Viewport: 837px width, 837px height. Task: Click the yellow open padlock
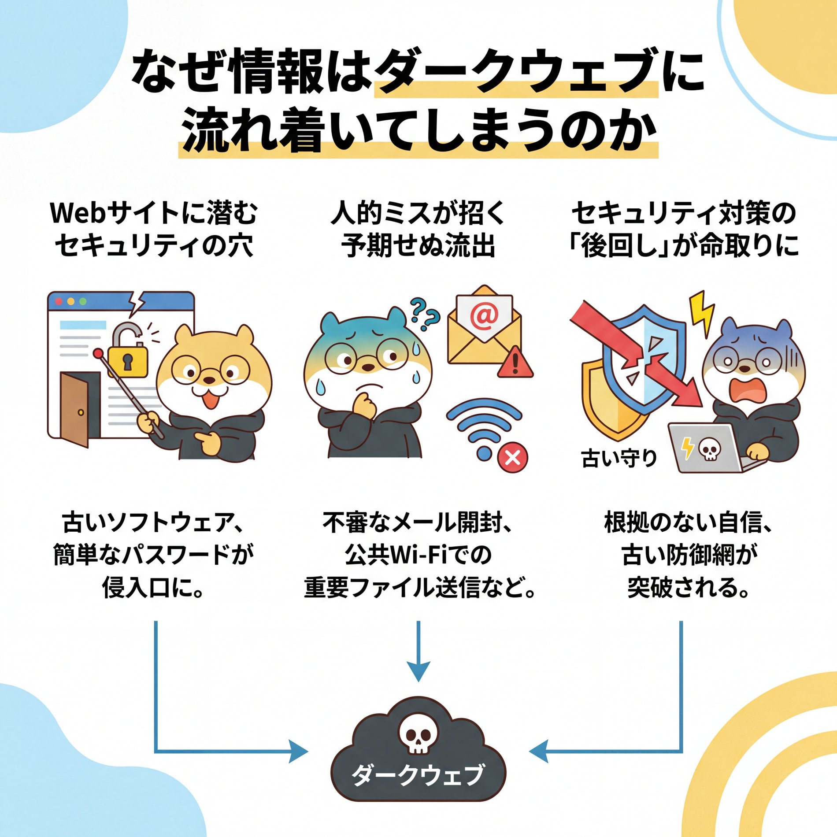click(128, 357)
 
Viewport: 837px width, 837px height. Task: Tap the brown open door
click(75, 410)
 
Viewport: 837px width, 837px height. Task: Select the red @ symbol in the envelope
click(484, 317)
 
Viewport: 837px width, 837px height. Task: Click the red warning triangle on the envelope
click(515, 363)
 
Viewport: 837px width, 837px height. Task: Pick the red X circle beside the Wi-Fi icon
click(512, 458)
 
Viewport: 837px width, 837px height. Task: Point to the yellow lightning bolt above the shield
click(701, 313)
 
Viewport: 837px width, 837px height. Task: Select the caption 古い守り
click(619, 458)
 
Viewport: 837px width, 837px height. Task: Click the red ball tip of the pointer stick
click(97, 353)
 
